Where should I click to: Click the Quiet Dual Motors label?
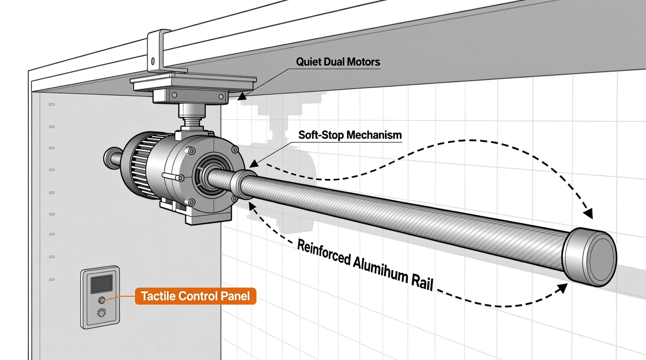coord(338,62)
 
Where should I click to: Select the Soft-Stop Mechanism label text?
coord(350,135)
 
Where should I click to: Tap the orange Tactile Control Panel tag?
coord(195,296)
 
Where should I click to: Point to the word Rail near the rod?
coord(422,281)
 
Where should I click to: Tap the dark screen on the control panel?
coord(101,284)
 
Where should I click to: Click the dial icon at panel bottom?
coord(101,313)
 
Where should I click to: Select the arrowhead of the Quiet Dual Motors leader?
coord(241,97)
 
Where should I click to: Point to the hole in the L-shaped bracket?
coord(153,61)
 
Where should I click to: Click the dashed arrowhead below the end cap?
coord(562,287)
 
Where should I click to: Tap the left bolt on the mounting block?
coord(174,96)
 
